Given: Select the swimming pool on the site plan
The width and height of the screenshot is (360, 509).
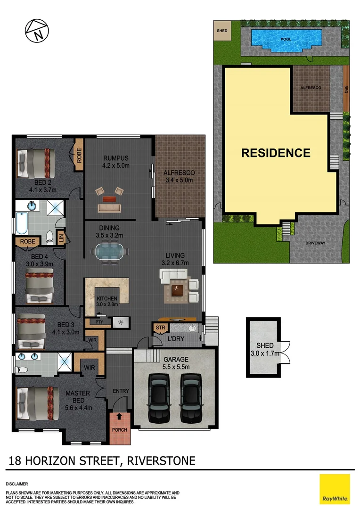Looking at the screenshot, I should [x=286, y=37].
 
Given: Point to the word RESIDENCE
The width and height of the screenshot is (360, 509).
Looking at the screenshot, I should [x=276, y=153].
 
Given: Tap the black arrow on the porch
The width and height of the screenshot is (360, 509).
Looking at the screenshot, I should [x=119, y=417].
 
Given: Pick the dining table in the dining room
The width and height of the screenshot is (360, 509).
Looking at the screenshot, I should [x=112, y=251].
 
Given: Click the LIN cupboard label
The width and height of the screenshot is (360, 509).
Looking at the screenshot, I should [x=61, y=238].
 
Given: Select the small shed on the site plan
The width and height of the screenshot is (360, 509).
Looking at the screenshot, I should [x=222, y=31].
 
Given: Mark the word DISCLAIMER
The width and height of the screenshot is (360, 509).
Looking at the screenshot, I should [x=16, y=484].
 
